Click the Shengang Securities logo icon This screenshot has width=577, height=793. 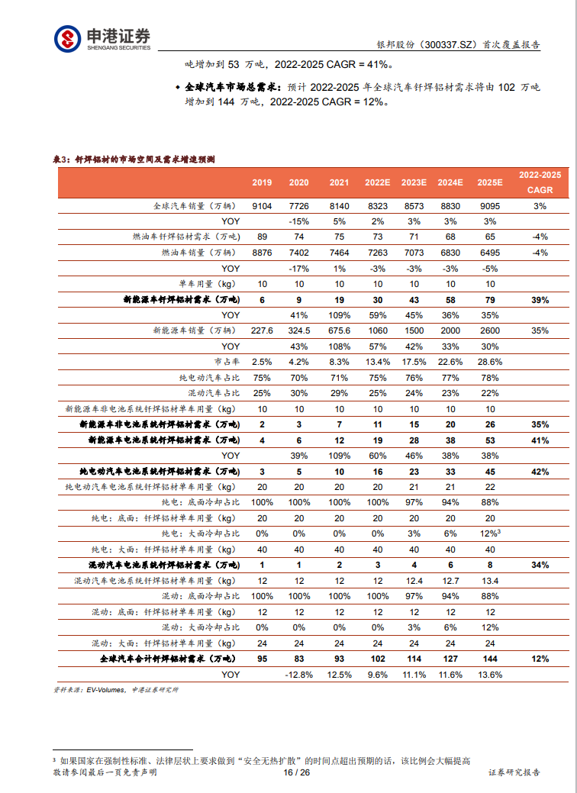coord(67,39)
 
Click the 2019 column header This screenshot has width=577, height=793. coord(262,182)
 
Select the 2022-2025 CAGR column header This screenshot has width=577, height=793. coord(540,182)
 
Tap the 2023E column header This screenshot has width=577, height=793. coord(414,182)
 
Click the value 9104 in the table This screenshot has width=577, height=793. coord(262,206)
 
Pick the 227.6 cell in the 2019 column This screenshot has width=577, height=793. coord(262,330)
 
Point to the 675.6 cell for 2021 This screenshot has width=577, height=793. coord(339,330)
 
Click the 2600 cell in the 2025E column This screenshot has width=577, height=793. coord(490,330)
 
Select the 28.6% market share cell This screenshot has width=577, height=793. coord(490,362)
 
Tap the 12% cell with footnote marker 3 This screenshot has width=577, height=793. coord(490,533)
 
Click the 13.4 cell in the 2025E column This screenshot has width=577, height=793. coord(490,581)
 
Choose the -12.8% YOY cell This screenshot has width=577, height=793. coord(299,674)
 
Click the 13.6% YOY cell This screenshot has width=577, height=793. coord(490,674)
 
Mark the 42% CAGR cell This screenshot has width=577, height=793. coord(540,472)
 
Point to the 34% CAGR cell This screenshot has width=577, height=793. coord(540,565)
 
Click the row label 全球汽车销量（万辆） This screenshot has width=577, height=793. coord(196,206)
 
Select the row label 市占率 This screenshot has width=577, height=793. coord(227,362)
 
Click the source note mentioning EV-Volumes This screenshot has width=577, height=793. coord(115,689)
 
